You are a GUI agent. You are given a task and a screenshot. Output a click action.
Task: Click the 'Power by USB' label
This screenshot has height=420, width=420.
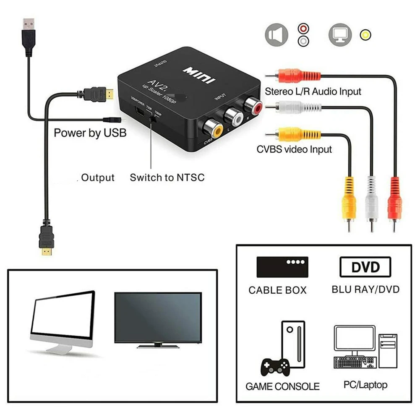coord(90,133)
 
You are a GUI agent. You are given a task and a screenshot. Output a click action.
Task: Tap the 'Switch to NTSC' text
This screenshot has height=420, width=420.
coord(167,177)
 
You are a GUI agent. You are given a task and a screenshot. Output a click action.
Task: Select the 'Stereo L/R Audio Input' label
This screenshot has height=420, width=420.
coord(313,91)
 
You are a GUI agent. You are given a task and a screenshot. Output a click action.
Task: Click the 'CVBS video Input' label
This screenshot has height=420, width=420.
coord(294,149)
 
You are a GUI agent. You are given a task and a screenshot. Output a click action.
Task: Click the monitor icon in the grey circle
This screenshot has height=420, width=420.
coord(339,34)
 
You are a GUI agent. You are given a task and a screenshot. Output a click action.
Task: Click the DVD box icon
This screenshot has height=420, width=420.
coord(365,267)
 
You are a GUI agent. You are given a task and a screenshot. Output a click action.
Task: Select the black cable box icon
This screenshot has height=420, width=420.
coord(282,267)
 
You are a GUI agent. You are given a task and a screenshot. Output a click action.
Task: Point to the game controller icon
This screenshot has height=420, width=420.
coord(275,368)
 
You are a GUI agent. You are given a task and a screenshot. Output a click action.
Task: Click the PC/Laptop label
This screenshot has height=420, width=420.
coord(365,385)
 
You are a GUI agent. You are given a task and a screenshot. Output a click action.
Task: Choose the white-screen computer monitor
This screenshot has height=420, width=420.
coord(63,319)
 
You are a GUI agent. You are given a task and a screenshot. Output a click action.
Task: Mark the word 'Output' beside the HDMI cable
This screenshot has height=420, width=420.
coord(98,177)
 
